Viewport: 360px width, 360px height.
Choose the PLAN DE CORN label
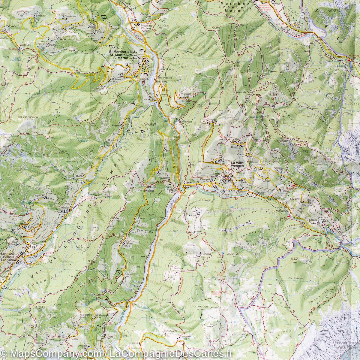point(232,62)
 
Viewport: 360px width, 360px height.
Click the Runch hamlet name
point(234,147)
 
